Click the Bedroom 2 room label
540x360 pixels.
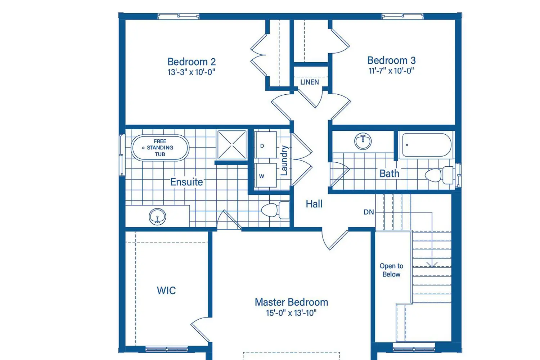[192, 62]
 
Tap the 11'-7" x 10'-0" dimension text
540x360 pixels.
[391, 71]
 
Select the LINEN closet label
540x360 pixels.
[310, 82]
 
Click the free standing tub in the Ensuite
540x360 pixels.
[160, 148]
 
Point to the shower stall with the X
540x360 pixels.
[232, 145]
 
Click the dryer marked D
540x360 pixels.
[265, 145]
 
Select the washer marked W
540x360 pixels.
[265, 175]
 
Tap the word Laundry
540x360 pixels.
[284, 160]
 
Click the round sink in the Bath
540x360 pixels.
[363, 141]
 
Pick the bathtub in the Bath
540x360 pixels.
[427, 145]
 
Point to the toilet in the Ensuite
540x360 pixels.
[275, 210]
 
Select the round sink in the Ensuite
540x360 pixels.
[157, 216]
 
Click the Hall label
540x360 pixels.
[314, 204]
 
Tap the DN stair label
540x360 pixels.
[369, 212]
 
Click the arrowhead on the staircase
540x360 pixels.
[432, 265]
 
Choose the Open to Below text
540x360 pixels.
[391, 270]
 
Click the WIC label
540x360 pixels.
[166, 291]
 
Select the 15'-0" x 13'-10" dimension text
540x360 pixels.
[291, 313]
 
